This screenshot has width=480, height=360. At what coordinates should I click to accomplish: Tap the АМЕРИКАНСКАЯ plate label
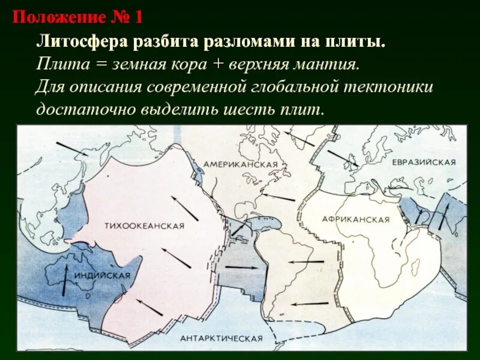click(240, 164)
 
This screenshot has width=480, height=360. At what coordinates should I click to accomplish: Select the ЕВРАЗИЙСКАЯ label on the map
click(424, 163)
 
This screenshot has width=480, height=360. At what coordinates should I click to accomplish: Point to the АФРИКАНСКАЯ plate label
click(356, 220)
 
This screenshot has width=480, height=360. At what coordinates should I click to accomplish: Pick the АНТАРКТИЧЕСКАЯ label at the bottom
click(222, 338)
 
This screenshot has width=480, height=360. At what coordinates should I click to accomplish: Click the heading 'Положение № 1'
click(77, 16)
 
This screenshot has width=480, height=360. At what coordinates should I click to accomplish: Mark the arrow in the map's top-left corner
click(71, 148)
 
